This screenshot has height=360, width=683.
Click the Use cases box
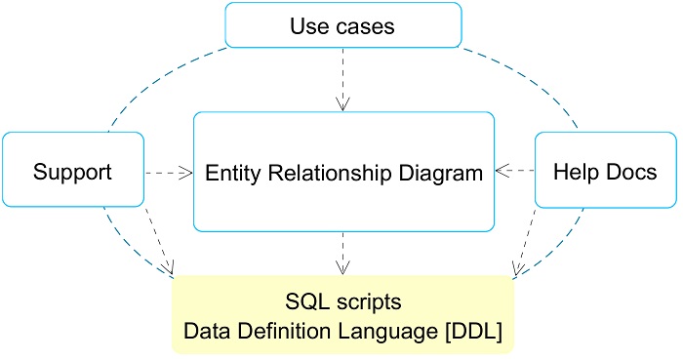click(342, 25)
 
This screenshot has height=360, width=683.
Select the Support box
click(73, 173)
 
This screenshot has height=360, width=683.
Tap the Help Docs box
click(605, 173)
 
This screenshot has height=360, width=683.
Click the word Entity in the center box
click(230, 174)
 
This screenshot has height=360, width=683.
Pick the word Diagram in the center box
click(446, 174)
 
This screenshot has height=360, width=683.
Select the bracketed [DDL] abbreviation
click(473, 332)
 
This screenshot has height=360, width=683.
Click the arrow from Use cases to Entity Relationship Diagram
click(342, 78)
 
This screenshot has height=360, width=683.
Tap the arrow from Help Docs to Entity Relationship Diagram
click(516, 172)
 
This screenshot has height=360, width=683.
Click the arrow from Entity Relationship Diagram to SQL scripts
click(342, 252)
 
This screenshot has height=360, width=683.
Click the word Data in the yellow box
click(204, 332)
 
